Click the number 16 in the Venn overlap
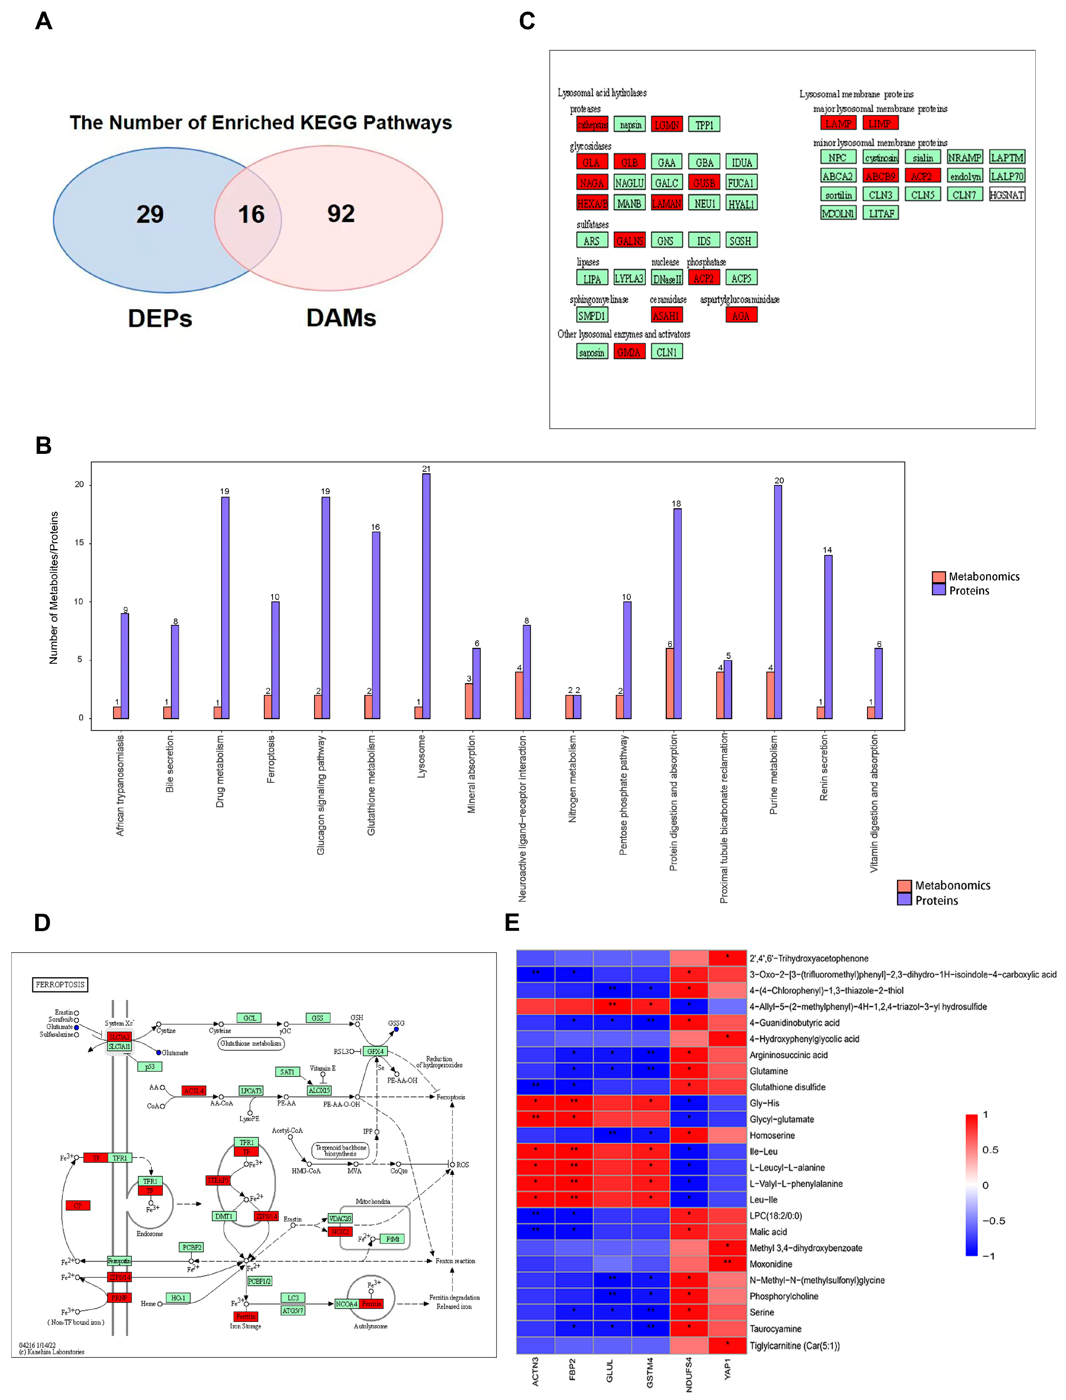[x=251, y=214]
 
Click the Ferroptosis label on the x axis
[x=271, y=759]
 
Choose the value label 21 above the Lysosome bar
[x=426, y=469]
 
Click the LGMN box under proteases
[x=666, y=125]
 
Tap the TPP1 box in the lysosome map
[x=704, y=125]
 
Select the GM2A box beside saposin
[x=629, y=352]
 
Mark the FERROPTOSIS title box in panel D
[x=60, y=985]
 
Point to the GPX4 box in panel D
[x=375, y=1051]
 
